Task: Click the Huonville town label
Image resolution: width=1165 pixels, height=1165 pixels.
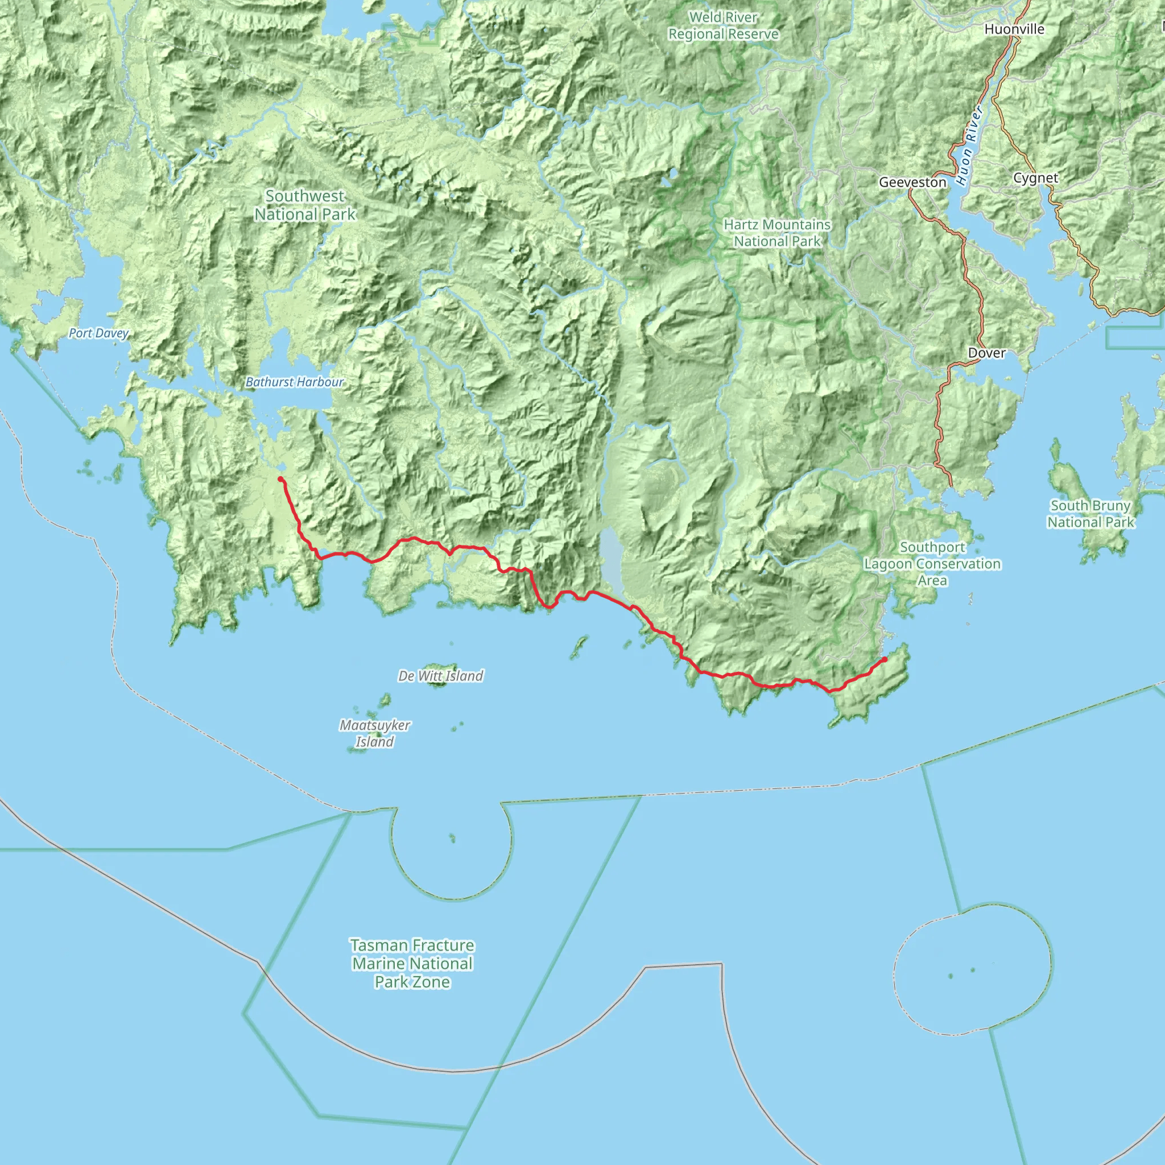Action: [x=1014, y=29]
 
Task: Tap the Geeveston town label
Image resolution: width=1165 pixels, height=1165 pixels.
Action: [x=912, y=182]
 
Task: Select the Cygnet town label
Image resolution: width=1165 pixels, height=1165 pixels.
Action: [x=1035, y=178]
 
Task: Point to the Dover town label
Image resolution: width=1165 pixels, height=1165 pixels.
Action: [x=986, y=353]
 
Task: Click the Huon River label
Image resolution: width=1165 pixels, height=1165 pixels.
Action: [x=970, y=146]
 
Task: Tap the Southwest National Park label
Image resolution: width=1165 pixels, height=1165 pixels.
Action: [x=305, y=205]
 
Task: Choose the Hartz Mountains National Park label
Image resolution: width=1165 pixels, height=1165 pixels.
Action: [x=777, y=233]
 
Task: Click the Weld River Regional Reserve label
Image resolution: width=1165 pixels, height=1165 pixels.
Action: [x=723, y=26]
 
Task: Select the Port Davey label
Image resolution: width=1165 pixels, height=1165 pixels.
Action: [x=98, y=333]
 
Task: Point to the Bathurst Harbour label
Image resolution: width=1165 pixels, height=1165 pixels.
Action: [x=294, y=382]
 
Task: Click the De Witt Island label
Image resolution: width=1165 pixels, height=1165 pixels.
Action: [x=441, y=676]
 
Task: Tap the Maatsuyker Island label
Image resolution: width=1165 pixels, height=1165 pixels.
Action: [x=374, y=733]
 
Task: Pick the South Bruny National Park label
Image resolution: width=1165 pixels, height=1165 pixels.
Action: [x=1091, y=514]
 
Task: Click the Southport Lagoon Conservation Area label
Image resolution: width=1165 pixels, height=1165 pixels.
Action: [x=932, y=564]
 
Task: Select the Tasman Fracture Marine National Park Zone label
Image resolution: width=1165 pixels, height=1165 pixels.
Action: [x=412, y=964]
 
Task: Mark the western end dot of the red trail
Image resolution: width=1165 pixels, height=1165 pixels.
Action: [x=281, y=480]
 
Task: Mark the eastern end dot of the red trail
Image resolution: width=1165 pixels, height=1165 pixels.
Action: [x=884, y=660]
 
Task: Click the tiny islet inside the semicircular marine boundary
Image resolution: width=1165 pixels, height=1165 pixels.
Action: [x=452, y=838]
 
